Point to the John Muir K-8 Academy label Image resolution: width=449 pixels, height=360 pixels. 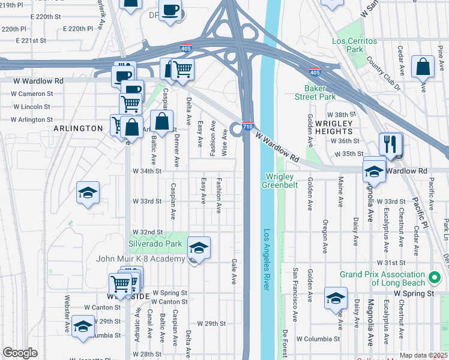pyautogui.click(x=139, y=259)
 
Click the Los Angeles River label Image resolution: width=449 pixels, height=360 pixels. pyautogui.click(x=267, y=259)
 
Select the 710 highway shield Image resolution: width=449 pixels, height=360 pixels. pyautogui.click(x=248, y=127)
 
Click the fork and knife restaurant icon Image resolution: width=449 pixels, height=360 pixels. pyautogui.click(x=391, y=143)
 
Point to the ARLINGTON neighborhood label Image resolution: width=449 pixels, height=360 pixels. pyautogui.click(x=78, y=128)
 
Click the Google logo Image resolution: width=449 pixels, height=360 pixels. pyautogui.click(x=20, y=353)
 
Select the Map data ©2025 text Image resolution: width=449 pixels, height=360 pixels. pyautogui.click(x=423, y=355)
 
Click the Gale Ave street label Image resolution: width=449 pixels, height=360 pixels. pyautogui.click(x=233, y=272)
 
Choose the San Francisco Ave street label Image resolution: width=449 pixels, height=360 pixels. pyautogui.click(x=295, y=294)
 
